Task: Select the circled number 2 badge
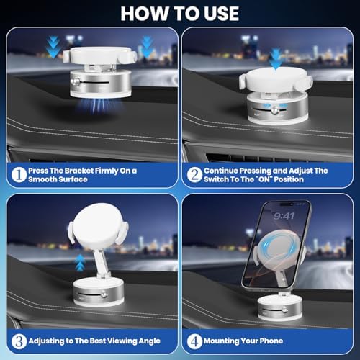pyautogui.click(x=194, y=174)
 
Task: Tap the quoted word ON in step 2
pyautogui.click(x=287, y=179)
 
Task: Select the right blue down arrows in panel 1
pyautogui.click(x=147, y=47)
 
